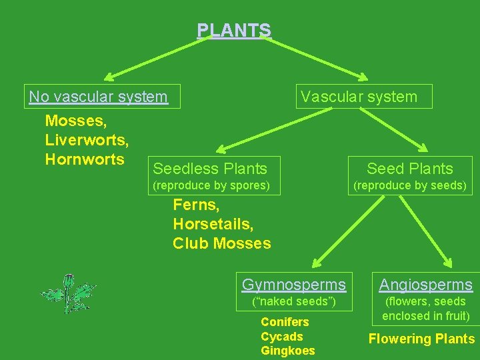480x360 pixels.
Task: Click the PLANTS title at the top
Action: tap(234, 31)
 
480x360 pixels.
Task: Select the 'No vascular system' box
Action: tap(99, 97)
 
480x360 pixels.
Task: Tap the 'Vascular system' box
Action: tap(359, 97)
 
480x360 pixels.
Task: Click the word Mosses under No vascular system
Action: tap(75, 121)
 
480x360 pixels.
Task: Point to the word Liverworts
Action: tap(87, 141)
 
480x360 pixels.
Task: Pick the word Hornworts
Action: tap(85, 159)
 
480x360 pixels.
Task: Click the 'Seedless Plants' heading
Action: tap(210, 169)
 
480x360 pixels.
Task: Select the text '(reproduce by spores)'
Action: tap(211, 185)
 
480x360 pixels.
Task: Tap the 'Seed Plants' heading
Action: tap(409, 169)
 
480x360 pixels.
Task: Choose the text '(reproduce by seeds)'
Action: tap(409, 185)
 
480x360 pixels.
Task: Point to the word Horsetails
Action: tap(213, 224)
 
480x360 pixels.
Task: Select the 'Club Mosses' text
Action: tap(222, 243)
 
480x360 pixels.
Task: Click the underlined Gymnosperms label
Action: tap(294, 285)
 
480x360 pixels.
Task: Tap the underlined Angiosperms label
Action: tap(426, 285)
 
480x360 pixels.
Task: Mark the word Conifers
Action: tap(285, 322)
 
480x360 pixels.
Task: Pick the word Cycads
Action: tap(281, 337)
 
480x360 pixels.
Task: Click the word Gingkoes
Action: tap(287, 351)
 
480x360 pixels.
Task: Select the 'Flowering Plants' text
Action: tap(421, 339)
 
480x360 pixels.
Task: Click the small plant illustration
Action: tap(69, 293)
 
